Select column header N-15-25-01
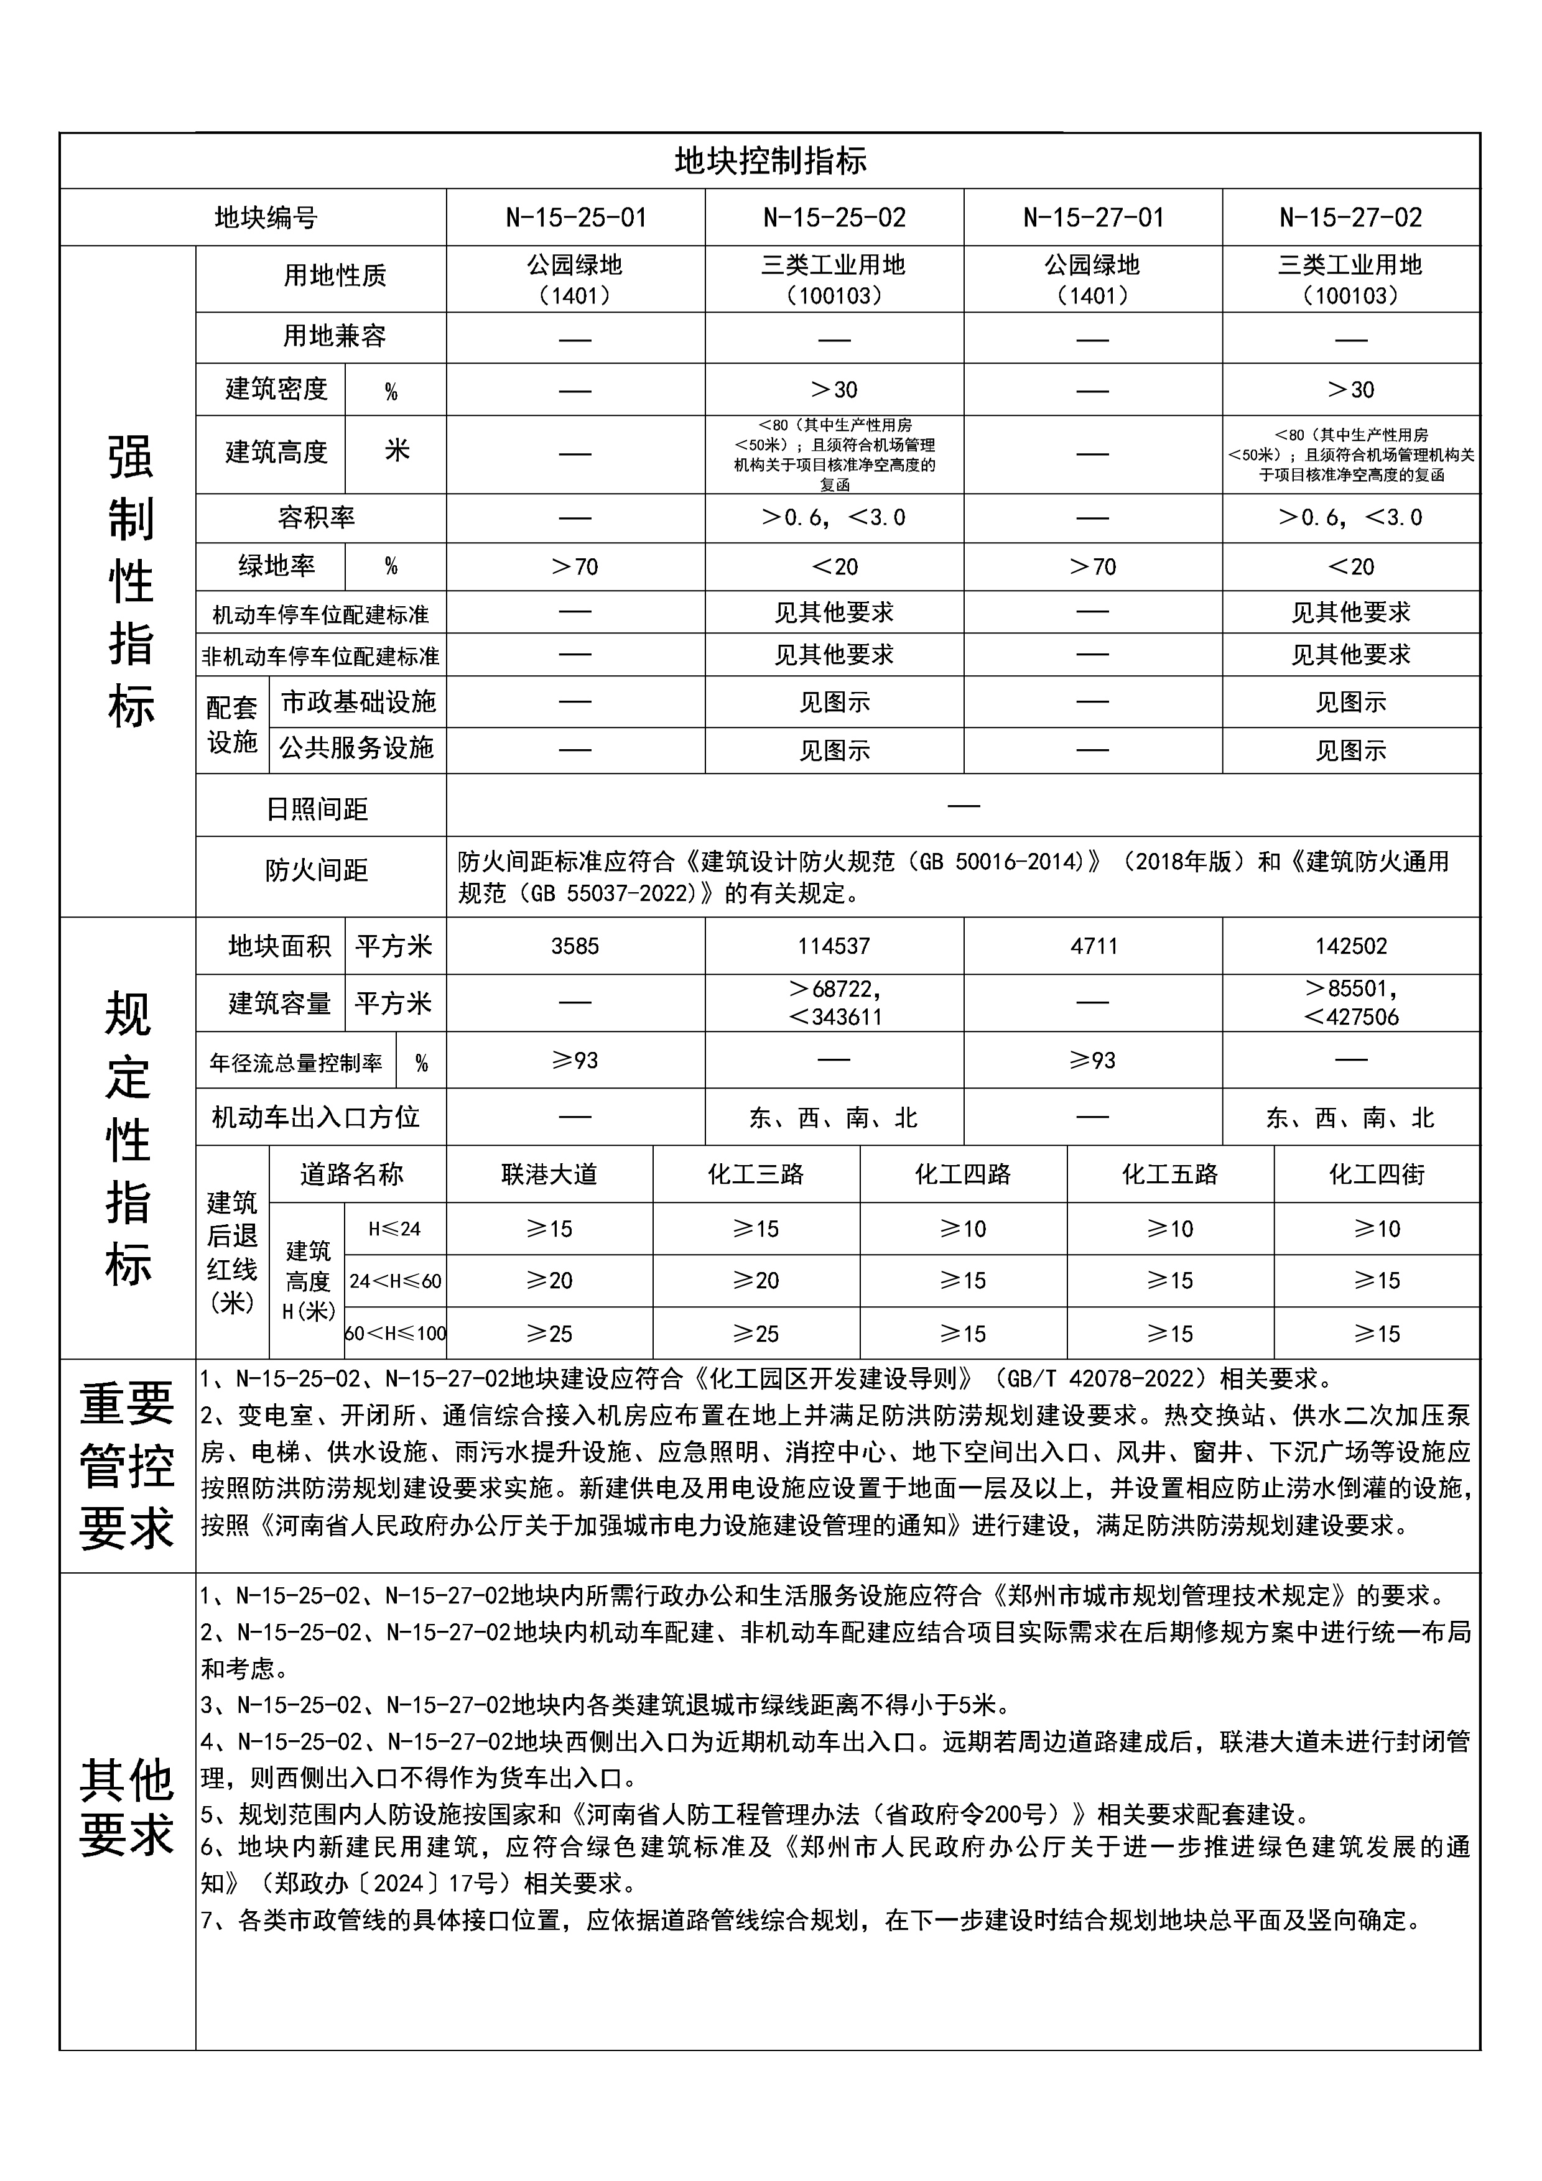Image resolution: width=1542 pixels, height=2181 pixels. (576, 218)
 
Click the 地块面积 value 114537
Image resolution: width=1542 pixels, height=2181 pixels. (834, 946)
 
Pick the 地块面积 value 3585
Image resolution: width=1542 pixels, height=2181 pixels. (576, 946)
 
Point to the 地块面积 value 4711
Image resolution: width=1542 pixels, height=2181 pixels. (1093, 946)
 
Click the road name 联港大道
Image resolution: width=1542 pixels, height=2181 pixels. (549, 1175)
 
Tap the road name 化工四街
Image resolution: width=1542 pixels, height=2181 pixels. (1377, 1175)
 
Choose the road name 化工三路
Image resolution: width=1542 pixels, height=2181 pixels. (756, 1175)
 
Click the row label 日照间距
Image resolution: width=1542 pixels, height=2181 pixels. (317, 809)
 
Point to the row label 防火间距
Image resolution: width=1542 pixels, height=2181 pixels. (317, 870)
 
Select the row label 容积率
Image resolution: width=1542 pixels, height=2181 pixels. (317, 518)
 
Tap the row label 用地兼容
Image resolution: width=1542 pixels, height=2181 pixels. (335, 336)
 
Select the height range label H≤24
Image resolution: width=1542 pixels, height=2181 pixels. (394, 1229)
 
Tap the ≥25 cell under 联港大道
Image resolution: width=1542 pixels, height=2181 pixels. (549, 1334)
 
